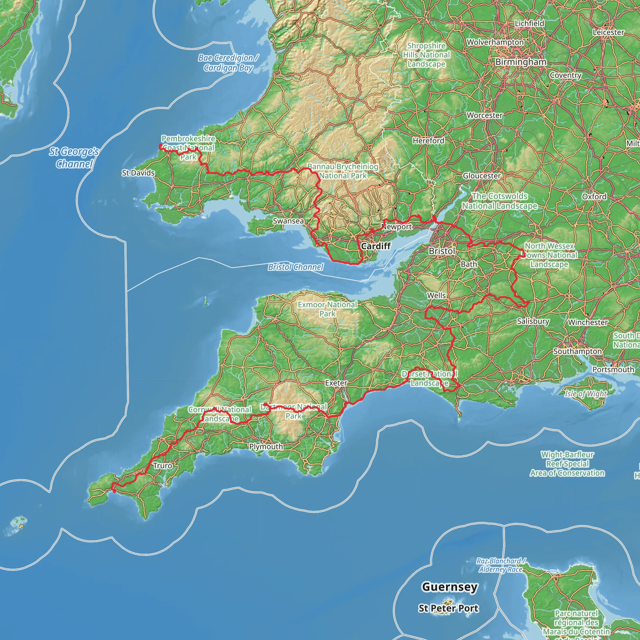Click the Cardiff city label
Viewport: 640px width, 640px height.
(x=376, y=246)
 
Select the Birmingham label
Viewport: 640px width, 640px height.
(x=520, y=62)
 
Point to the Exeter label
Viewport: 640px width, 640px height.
(x=336, y=382)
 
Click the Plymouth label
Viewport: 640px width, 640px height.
(x=266, y=446)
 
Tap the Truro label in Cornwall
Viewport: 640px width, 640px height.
(x=162, y=465)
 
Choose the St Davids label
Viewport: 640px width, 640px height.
(x=138, y=172)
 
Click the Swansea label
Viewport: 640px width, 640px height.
(x=288, y=221)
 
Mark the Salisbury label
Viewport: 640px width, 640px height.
(x=533, y=321)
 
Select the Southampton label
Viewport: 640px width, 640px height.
(x=577, y=351)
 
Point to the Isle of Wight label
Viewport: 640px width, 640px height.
(x=586, y=393)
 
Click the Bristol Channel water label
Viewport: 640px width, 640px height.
(x=296, y=267)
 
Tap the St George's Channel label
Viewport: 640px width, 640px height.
(x=74, y=157)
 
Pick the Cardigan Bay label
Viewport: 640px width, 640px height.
(x=228, y=62)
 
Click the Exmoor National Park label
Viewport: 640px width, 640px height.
(x=327, y=309)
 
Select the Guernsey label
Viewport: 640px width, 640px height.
(x=449, y=587)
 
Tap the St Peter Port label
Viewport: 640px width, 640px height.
(x=448, y=608)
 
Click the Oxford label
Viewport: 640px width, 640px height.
(x=594, y=197)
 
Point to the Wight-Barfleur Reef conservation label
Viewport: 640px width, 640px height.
(x=567, y=464)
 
